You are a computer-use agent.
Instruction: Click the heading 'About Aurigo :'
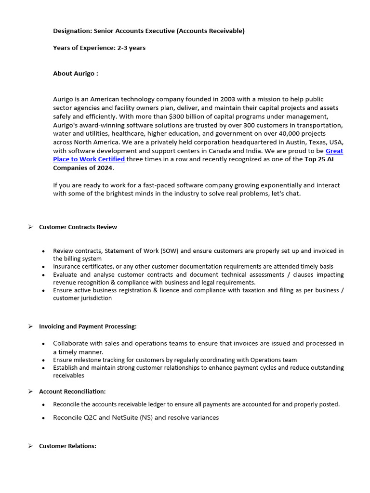pos(75,74)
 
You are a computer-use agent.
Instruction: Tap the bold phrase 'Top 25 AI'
pos(325,159)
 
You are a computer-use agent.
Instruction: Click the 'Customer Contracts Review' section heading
pos(78,227)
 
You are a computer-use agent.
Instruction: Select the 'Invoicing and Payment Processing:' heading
pos(88,326)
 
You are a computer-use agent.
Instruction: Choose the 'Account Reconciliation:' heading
pos(72,391)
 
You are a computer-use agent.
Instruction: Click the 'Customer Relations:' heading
pos(67,446)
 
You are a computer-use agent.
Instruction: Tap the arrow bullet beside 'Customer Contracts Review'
pos(30,227)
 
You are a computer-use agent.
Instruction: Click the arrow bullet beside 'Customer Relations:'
pos(30,446)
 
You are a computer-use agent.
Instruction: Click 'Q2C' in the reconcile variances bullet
pos(90,417)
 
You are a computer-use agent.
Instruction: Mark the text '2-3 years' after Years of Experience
pos(131,48)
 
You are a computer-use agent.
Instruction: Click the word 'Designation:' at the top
pos(72,31)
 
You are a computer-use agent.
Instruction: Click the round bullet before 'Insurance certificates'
pos(44,267)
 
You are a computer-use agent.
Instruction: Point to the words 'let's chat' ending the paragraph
pos(285,194)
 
